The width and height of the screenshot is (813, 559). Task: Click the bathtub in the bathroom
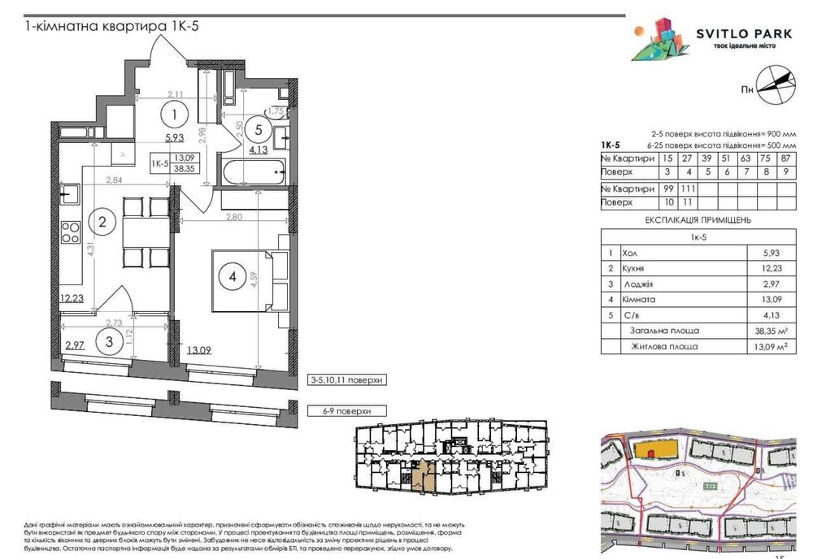254,171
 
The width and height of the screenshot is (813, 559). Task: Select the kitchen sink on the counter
71,193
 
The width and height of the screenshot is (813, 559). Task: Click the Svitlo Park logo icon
659,40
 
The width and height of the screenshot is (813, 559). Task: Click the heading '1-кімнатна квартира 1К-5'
112,27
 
